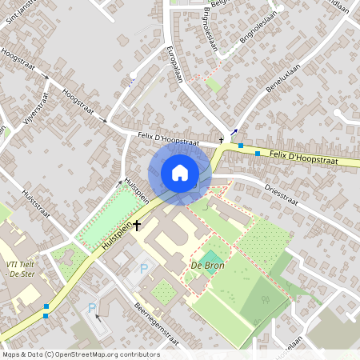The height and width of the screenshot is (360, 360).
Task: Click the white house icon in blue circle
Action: click(x=179, y=173)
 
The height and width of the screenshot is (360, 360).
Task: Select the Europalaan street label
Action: click(x=176, y=64)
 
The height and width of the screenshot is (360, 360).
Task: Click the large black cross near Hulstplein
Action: click(x=137, y=226)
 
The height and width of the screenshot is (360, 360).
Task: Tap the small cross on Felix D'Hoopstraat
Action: click(x=222, y=139)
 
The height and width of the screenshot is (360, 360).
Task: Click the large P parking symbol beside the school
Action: click(x=145, y=269)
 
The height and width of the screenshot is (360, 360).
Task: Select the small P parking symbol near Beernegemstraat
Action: click(x=92, y=308)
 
